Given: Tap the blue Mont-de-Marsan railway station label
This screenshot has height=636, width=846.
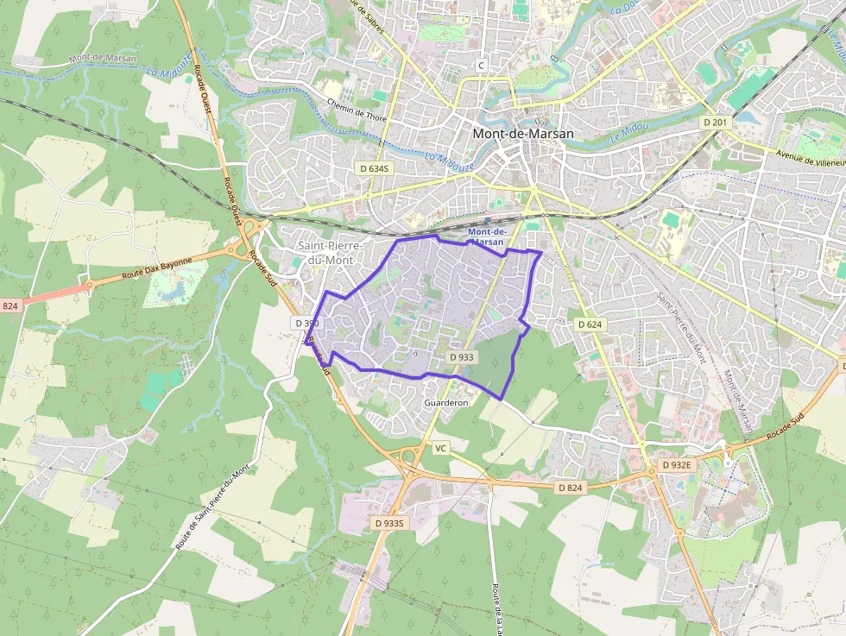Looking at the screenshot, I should [x=485, y=237].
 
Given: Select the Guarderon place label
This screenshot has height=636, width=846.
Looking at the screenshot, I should [x=446, y=403].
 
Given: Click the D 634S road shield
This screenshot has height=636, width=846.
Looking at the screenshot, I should [x=375, y=167].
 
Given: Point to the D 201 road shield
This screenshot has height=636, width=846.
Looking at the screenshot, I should [x=716, y=123].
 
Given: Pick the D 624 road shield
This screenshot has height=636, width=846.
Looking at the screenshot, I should [x=589, y=324].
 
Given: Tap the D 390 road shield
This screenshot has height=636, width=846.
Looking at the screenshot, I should [x=306, y=323].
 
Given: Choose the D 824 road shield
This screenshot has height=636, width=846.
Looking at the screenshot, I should [x=570, y=488].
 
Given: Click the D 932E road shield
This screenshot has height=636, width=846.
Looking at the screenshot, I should [x=677, y=464].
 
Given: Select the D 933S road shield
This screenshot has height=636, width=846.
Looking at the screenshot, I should [x=390, y=523].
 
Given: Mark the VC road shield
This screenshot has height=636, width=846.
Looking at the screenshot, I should [x=441, y=448].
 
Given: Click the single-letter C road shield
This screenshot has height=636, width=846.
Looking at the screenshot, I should [x=482, y=66].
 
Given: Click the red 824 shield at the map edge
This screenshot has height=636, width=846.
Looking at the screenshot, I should [x=9, y=306].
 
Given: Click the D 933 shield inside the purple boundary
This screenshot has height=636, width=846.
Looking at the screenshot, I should [x=462, y=356].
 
